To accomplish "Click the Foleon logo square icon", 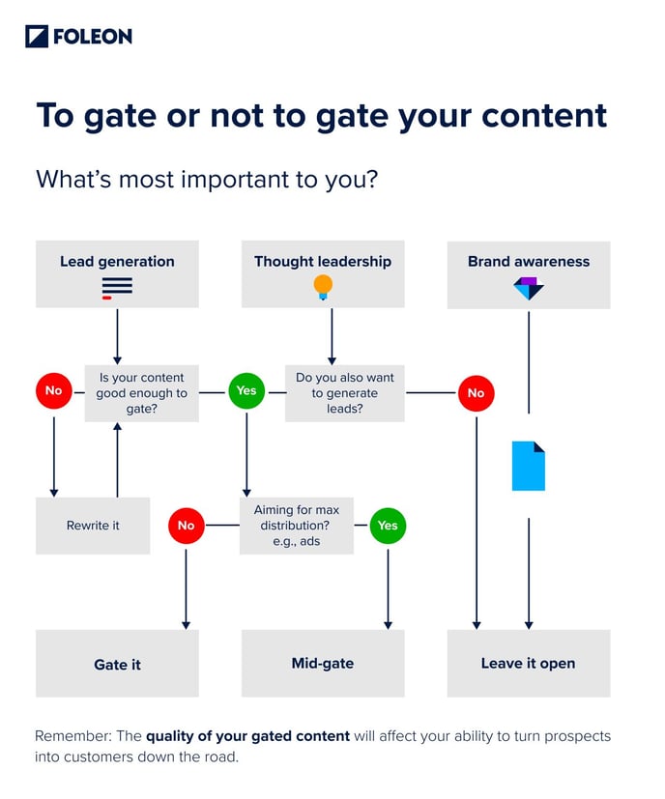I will pos(36,37).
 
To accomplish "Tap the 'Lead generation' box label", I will pos(117,261).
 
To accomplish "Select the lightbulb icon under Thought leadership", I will pos(323,287).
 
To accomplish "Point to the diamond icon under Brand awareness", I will pos(529,288).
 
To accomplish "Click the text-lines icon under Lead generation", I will pos(117,287).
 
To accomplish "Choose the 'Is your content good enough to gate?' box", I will pos(141,393).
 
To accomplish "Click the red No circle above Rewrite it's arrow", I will pos(53,391).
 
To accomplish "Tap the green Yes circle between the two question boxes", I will pos(246,391).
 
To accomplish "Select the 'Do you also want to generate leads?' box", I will pos(345,393).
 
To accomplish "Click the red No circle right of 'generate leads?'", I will pos(476,393).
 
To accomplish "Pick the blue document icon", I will pos(529,466).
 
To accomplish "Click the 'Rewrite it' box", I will pos(93,526).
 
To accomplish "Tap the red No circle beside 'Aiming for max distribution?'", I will pos(186,526).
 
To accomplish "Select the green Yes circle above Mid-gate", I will pos(388,526).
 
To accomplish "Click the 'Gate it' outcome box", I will pos(117,664).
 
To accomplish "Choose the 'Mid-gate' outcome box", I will pos(323,663).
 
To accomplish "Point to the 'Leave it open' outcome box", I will pos(528,663).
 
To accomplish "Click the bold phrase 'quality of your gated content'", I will pos(247,736).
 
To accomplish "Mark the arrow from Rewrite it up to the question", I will pos(117,459).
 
